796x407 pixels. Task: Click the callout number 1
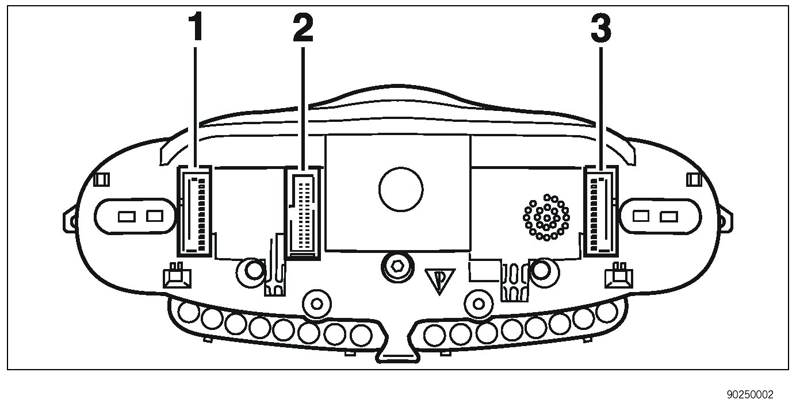196,28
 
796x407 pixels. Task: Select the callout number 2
303,28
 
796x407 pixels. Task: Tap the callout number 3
601,28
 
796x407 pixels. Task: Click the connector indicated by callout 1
194,210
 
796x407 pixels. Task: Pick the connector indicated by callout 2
303,213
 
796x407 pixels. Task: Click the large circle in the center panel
401,189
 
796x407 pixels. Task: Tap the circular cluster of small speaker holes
546,217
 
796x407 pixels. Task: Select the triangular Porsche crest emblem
439,281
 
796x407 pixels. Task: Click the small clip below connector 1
177,276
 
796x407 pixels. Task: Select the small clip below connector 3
619,276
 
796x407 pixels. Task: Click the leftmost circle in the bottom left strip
188,313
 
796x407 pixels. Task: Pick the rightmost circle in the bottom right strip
607,313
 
